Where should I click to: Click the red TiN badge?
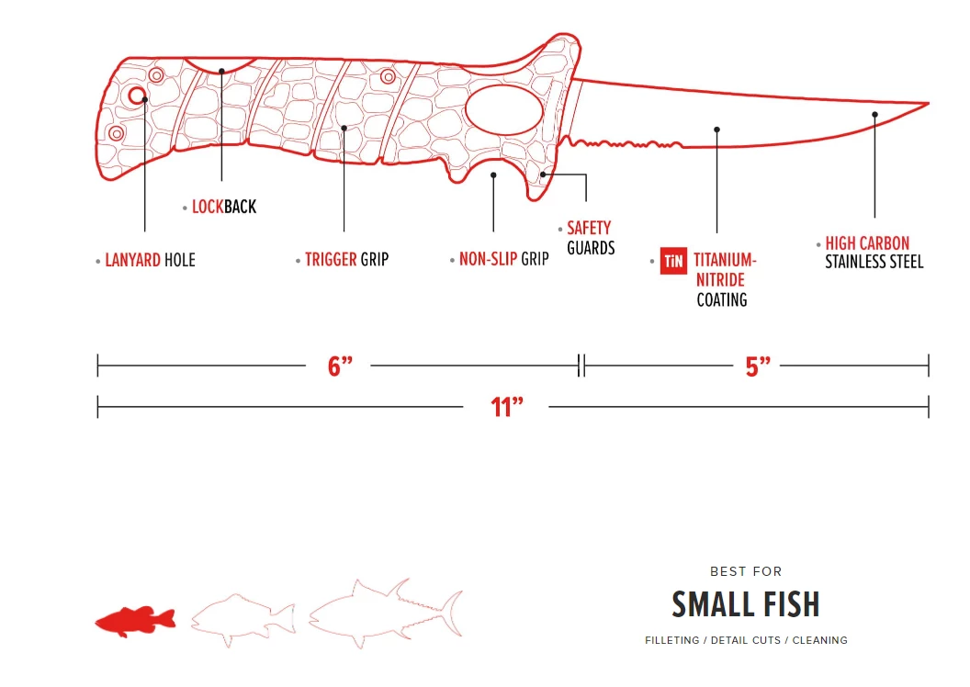tap(673, 261)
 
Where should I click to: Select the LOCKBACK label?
tap(224, 207)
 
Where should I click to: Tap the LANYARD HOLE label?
tap(151, 260)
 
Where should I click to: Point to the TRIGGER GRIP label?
tap(346, 260)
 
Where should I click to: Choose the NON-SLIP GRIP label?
tap(503, 259)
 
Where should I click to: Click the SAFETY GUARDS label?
tap(591, 238)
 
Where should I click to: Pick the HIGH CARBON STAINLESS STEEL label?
tap(874, 253)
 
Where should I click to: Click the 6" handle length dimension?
tap(340, 366)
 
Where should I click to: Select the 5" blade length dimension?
tap(757, 366)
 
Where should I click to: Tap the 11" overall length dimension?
tap(507, 408)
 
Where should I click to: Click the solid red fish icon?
tap(135, 621)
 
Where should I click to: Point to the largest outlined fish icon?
tap(386, 613)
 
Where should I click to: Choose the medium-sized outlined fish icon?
tap(243, 620)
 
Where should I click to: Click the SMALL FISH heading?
tap(746, 604)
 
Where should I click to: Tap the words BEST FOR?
tap(746, 571)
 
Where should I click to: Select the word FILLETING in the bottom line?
tap(671, 641)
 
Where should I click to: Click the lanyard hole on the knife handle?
tap(137, 96)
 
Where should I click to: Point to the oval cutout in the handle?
tap(503, 110)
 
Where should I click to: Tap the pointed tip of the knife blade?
tap(928, 104)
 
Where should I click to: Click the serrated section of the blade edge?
tap(625, 145)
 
